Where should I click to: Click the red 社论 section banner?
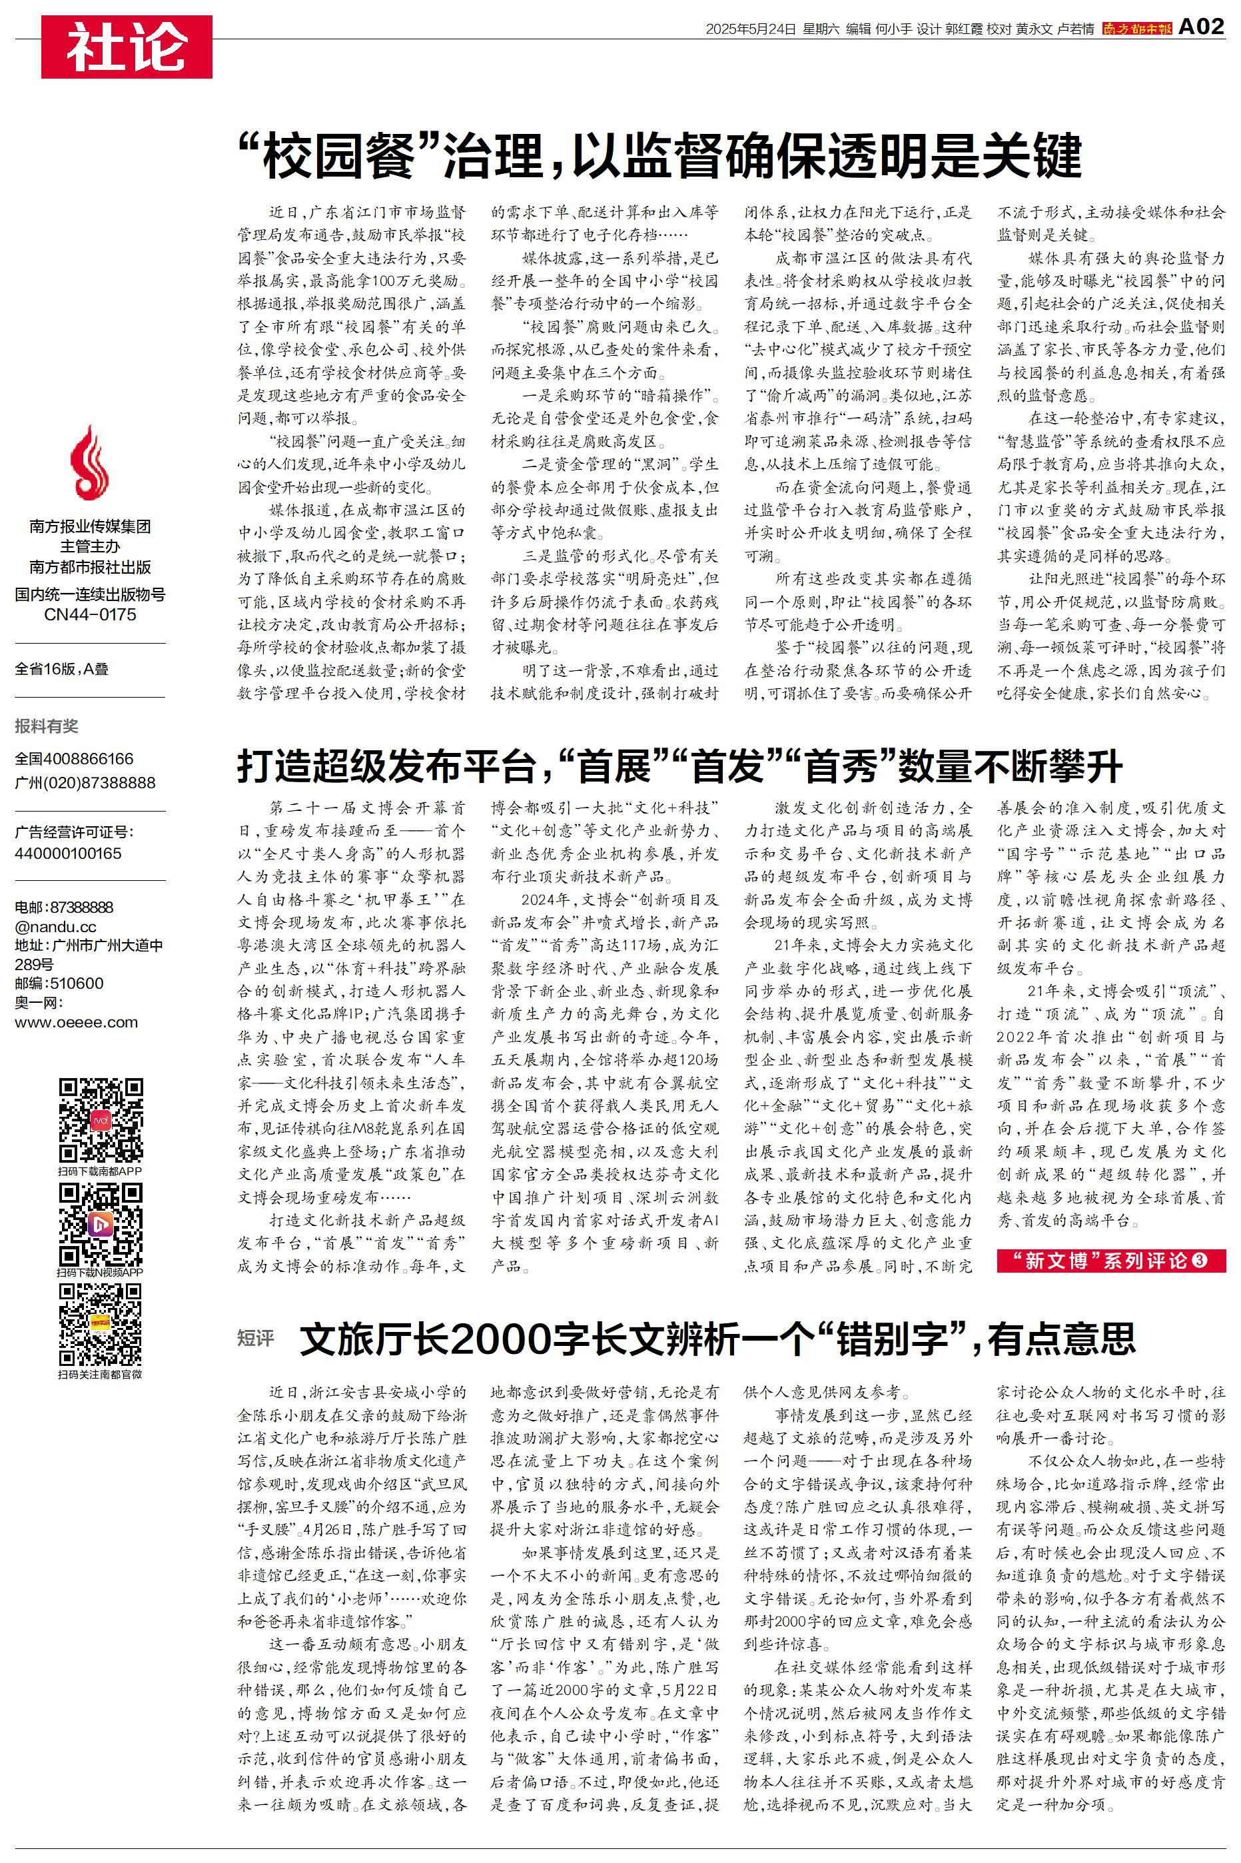point(127,47)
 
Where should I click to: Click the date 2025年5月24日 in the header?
point(750,29)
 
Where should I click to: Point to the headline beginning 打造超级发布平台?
point(679,766)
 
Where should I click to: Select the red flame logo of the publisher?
point(89,464)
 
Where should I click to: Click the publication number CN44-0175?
point(89,615)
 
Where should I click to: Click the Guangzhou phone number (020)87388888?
point(85,783)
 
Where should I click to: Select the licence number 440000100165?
point(68,853)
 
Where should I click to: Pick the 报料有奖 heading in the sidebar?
point(47,726)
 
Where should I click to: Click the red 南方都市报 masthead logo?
point(1136,29)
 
